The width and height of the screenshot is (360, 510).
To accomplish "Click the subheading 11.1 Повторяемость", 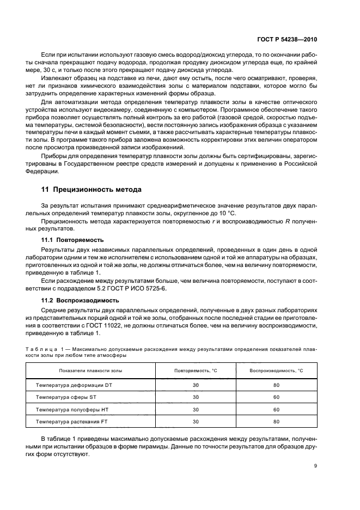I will point(68,239).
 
